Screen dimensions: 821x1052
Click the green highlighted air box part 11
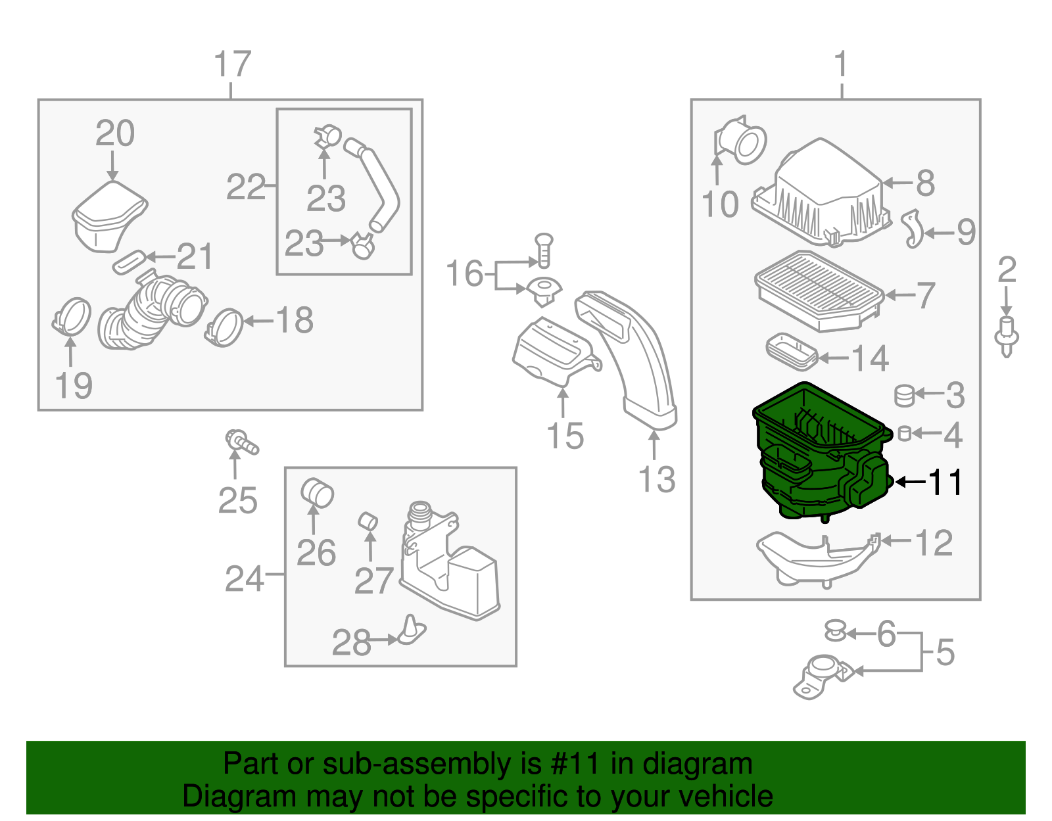pyautogui.click(x=815, y=460)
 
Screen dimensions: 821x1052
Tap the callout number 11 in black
pyautogui.click(x=945, y=482)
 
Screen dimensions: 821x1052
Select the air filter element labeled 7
pyautogui.click(x=819, y=289)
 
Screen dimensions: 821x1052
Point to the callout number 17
pyautogui.click(x=232, y=64)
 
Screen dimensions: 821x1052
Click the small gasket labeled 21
pyautogui.click(x=130, y=261)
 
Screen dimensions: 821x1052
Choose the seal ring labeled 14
pyautogui.click(x=792, y=351)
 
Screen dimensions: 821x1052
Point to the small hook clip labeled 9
pyautogui.click(x=913, y=229)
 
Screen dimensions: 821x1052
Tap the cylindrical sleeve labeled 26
pyautogui.click(x=317, y=494)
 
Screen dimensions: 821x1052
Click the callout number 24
pyautogui.click(x=245, y=579)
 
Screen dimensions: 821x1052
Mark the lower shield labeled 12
pyautogui.click(x=815, y=559)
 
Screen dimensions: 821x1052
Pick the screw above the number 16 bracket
pyautogui.click(x=544, y=250)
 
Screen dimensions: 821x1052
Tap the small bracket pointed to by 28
pyautogui.click(x=412, y=630)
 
